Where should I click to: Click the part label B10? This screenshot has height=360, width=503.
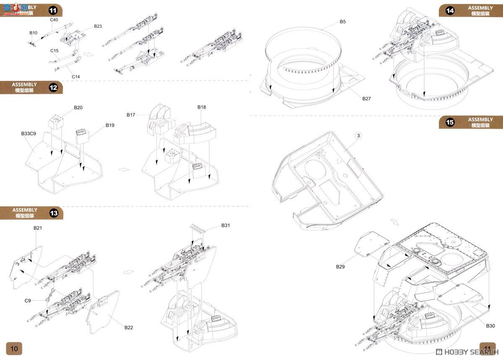pyautogui.click(x=33, y=33)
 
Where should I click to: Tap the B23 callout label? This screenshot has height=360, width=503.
pyautogui.click(x=98, y=26)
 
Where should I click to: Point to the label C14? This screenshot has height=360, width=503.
pyautogui.click(x=75, y=76)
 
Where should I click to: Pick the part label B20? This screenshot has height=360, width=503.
pyautogui.click(x=78, y=107)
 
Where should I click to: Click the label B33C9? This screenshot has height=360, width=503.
pyautogui.click(x=29, y=134)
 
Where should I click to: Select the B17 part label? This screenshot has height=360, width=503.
pyautogui.click(x=131, y=115)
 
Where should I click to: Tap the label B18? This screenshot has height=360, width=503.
pyautogui.click(x=202, y=107)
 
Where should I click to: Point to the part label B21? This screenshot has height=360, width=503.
pyautogui.click(x=38, y=228)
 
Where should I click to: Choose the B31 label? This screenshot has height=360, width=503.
pyautogui.click(x=226, y=225)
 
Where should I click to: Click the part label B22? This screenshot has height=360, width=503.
pyautogui.click(x=128, y=327)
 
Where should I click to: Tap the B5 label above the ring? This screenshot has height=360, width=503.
pyautogui.click(x=342, y=21)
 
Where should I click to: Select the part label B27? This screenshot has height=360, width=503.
pyautogui.click(x=367, y=99)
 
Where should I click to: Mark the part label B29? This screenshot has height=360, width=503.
pyautogui.click(x=340, y=266)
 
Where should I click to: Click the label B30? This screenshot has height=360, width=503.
pyautogui.click(x=490, y=326)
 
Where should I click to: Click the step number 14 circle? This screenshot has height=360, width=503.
pyautogui.click(x=450, y=11)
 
